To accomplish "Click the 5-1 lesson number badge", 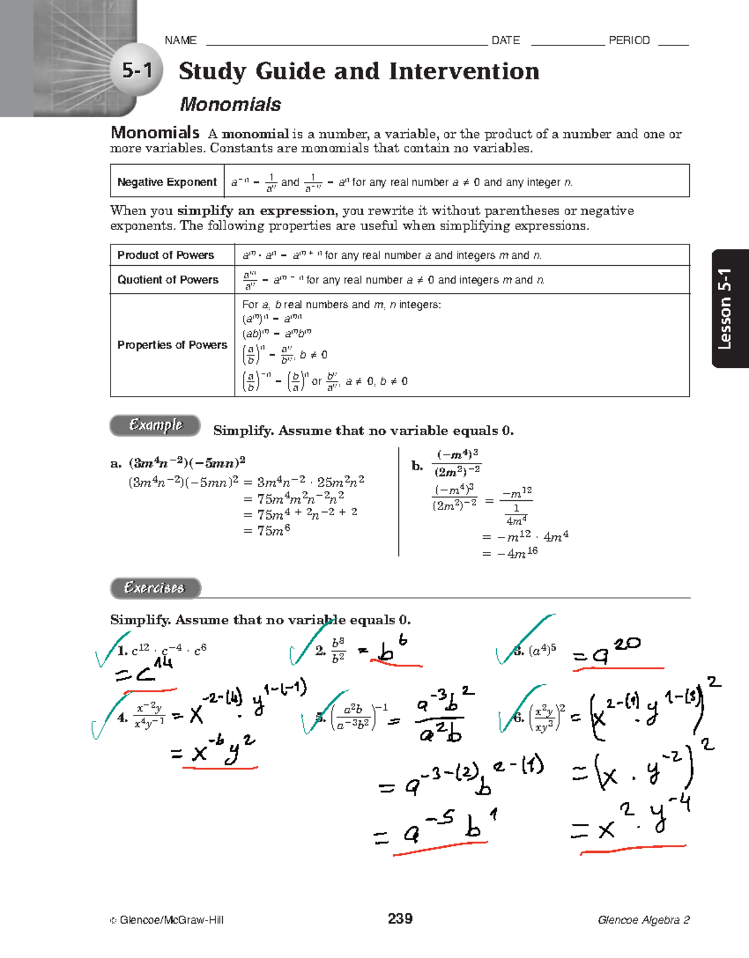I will [x=137, y=70].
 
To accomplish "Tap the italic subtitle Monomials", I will [x=230, y=104].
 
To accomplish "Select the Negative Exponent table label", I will [x=167, y=181].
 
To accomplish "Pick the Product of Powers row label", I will [x=165, y=255].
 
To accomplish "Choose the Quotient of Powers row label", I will [x=167, y=279].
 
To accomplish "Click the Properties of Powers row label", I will [x=172, y=345].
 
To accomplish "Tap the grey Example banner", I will [x=155, y=425].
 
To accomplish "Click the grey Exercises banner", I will [x=155, y=588].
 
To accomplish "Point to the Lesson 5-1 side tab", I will [x=726, y=309].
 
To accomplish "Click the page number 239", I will [x=399, y=918].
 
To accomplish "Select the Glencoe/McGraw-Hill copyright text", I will [x=167, y=920].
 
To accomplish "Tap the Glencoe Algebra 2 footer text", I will [x=643, y=920].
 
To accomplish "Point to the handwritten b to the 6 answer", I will [x=393, y=650].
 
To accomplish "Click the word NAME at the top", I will [x=180, y=41].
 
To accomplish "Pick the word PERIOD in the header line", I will [x=629, y=41].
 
